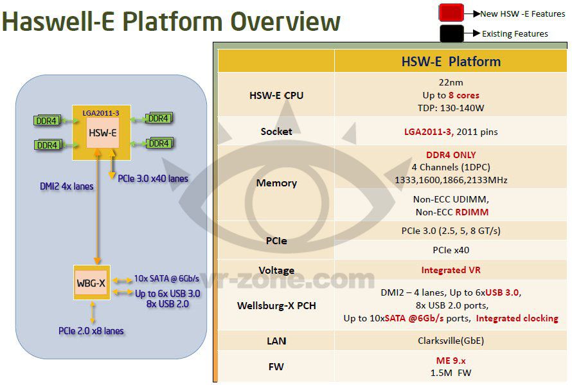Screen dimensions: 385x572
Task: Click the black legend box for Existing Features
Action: [x=452, y=33]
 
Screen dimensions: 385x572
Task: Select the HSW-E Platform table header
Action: [x=451, y=62]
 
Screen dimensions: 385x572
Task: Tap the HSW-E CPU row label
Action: [x=276, y=95]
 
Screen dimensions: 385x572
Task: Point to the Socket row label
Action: [x=276, y=131]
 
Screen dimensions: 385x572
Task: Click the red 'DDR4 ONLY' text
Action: [x=451, y=155]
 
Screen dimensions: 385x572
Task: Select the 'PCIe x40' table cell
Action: [x=451, y=249]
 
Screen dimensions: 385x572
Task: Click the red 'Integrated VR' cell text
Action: [x=451, y=270]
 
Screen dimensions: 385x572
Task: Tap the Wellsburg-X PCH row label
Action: [x=276, y=305]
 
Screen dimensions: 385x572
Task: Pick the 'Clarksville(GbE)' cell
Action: [x=451, y=340]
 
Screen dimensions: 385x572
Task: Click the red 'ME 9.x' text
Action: [x=451, y=361]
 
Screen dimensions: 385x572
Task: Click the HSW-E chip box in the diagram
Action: [x=103, y=133]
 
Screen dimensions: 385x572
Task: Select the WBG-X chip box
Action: [x=92, y=282]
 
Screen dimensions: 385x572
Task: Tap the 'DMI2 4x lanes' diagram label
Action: [x=66, y=186]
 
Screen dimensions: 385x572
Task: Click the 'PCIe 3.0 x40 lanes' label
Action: [x=153, y=178]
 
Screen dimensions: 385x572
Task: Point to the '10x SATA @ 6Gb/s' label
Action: [x=166, y=278]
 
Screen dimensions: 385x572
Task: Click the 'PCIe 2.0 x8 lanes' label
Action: [x=91, y=331]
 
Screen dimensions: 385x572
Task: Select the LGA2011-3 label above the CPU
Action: [x=102, y=113]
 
